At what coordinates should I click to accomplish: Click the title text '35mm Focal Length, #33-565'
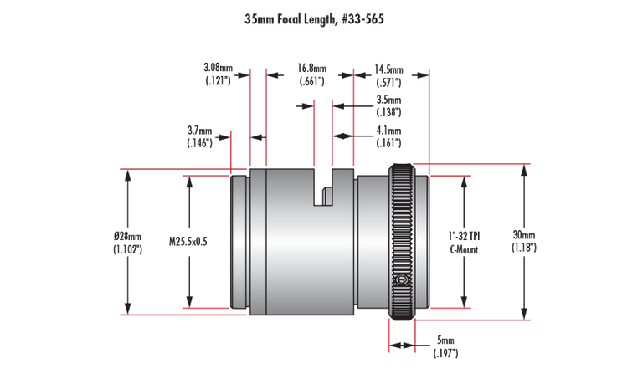coord(314,19)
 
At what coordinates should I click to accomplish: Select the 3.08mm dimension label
coord(218,74)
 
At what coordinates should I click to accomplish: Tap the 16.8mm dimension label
coord(311,74)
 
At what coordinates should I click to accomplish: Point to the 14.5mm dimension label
coord(388,76)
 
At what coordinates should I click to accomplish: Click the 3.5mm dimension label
coord(388,105)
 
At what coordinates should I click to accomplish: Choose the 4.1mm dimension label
coord(388,136)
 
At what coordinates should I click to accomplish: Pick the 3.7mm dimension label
coord(199,136)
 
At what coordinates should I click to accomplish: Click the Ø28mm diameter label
coord(127,243)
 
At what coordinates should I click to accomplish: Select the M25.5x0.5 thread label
coord(188,241)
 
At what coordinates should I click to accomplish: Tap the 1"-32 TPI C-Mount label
coord(465,243)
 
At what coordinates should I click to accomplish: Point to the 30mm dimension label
coord(524,241)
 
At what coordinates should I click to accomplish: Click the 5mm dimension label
coord(445,346)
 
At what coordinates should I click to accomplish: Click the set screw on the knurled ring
coord(402,280)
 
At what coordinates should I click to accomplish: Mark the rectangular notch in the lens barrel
coord(323,187)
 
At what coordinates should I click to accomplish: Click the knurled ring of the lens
coord(402,242)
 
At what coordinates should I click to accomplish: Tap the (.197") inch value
coord(445,353)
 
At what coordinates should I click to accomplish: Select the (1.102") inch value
coord(127,249)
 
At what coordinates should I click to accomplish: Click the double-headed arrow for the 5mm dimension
coord(402,346)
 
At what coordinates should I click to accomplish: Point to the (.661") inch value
coord(311,81)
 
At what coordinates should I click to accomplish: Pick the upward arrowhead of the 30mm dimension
coord(524,172)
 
